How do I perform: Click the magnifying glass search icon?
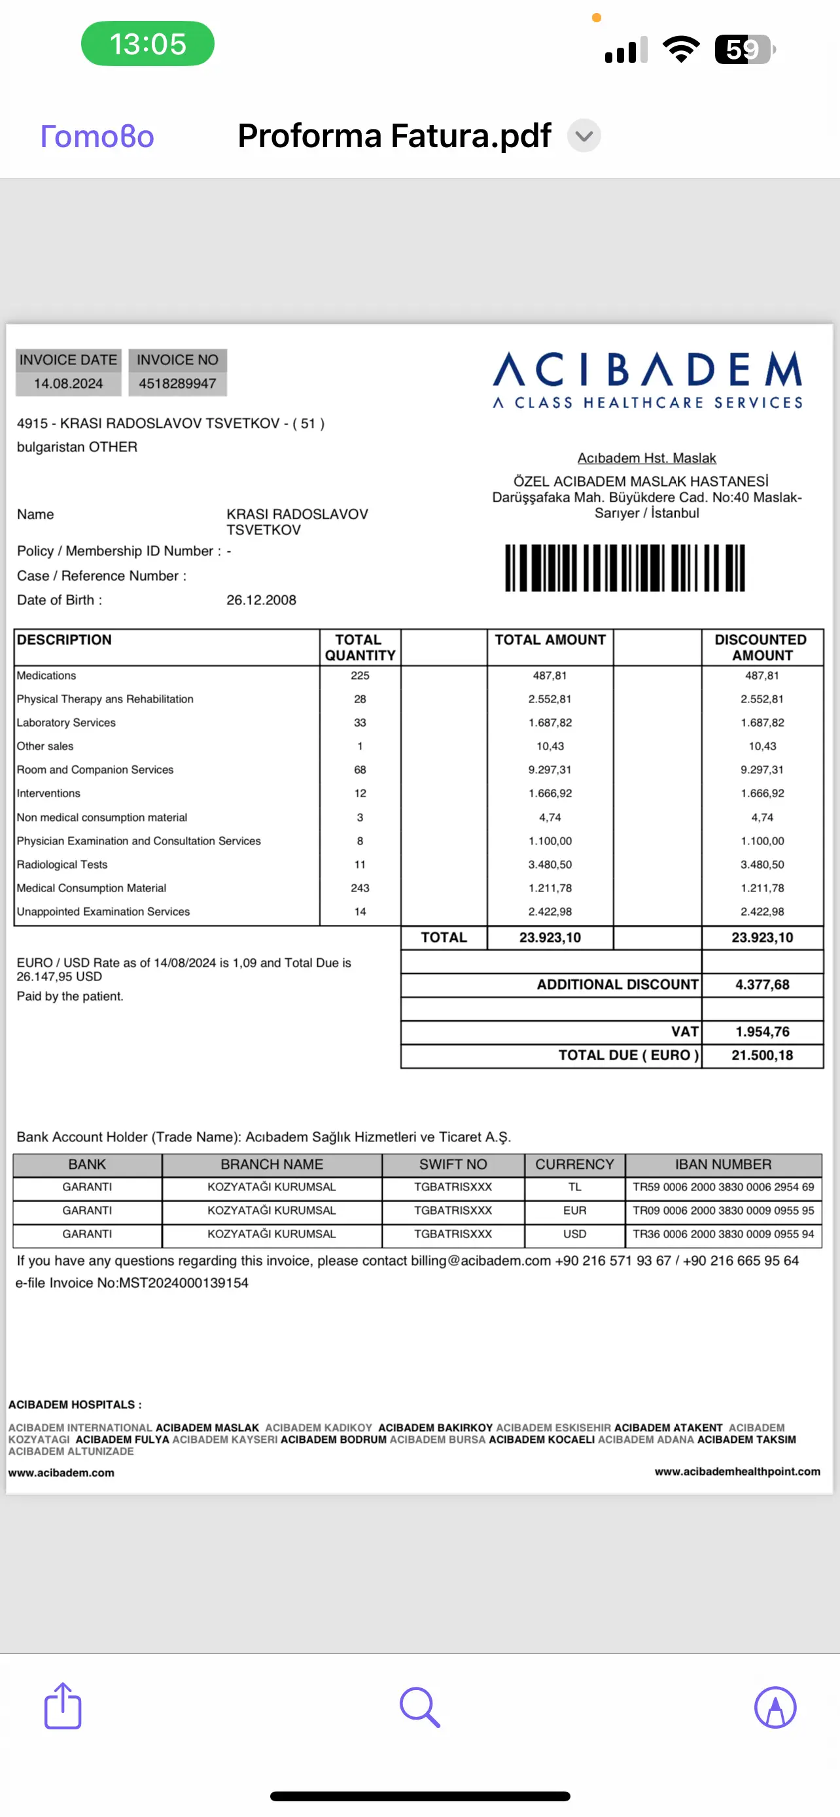click(419, 1707)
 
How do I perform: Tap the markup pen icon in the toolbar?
click(775, 1707)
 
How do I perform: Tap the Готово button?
click(97, 136)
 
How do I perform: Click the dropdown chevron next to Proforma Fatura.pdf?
click(584, 136)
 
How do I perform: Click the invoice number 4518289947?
click(177, 384)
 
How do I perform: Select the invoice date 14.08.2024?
click(69, 384)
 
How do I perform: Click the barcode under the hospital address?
click(625, 567)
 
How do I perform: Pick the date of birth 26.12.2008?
click(261, 600)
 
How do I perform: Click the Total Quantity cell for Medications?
click(360, 676)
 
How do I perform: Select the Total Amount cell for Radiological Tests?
click(550, 864)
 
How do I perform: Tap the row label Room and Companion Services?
click(96, 770)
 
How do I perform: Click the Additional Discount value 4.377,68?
click(761, 984)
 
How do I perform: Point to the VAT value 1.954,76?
click(761, 1032)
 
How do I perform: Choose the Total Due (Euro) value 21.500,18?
click(761, 1055)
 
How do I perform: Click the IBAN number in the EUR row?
click(723, 1211)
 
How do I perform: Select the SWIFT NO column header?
click(453, 1164)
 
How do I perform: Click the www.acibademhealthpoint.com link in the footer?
click(737, 1472)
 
